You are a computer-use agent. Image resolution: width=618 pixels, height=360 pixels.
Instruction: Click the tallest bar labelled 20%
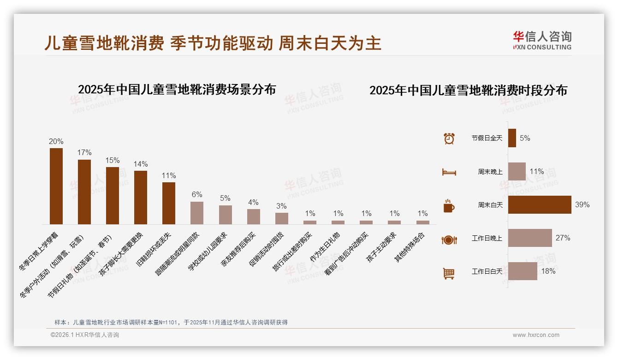point(56,186)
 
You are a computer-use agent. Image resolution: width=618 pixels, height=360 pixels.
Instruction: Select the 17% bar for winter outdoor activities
point(84,192)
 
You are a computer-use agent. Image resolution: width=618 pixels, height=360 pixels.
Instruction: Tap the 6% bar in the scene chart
point(197,213)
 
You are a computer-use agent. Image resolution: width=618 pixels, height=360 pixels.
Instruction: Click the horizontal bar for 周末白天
point(540,204)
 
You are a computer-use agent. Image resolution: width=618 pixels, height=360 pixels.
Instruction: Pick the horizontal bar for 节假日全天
point(512,138)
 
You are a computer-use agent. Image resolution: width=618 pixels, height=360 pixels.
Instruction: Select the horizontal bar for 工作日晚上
point(530,238)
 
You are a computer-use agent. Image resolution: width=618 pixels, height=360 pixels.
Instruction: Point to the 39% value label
point(582,204)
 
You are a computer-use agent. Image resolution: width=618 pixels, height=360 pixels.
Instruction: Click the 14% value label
point(141,164)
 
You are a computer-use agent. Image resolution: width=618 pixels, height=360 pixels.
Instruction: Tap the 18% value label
point(548,271)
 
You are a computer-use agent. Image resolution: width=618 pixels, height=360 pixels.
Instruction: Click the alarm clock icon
point(449,138)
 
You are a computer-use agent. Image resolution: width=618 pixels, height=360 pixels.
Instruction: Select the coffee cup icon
point(449,205)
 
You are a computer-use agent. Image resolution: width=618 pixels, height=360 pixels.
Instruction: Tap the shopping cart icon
point(449,273)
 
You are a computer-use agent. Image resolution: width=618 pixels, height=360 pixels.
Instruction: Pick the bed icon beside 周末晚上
point(449,172)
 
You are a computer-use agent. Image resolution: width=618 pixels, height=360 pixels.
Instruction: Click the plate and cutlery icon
point(449,240)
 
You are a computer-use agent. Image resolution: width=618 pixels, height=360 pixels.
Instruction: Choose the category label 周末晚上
point(490,172)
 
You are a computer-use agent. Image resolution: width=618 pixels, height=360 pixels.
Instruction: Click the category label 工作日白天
point(487,271)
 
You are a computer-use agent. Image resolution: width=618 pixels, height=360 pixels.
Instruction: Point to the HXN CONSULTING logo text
point(542,47)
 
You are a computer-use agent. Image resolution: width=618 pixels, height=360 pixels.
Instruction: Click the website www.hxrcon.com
point(536,335)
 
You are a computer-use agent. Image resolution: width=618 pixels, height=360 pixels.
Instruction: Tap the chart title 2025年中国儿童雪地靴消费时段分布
point(468,90)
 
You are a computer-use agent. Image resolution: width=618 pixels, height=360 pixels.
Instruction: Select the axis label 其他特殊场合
point(410,248)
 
